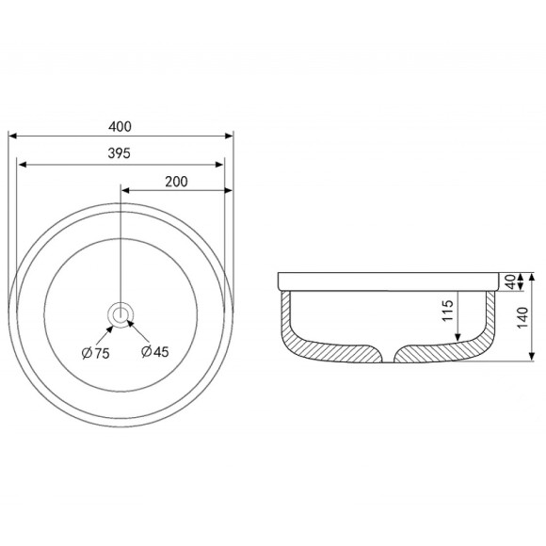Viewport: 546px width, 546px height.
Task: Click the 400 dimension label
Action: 120,126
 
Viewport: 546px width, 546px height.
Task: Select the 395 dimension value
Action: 120,153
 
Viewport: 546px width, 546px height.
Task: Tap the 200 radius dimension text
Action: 176,182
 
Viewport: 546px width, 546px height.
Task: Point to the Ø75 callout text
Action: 95,353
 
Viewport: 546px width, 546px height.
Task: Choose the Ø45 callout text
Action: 155,351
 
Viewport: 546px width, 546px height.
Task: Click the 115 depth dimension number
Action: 447,311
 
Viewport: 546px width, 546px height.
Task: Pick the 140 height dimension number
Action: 522,317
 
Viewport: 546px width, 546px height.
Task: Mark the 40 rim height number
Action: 510,281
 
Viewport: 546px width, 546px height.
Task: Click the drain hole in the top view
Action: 120,314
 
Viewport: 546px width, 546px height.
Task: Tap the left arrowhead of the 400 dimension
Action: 12,136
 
